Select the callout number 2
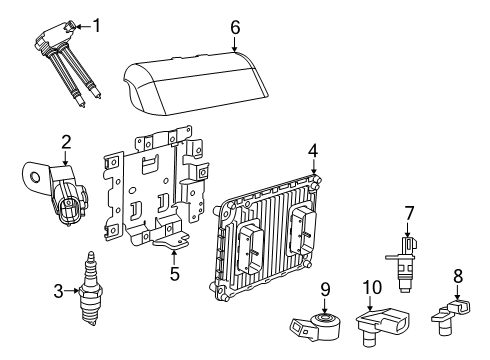(x=65, y=143)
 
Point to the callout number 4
(x=313, y=150)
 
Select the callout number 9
(x=325, y=291)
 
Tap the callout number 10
(x=370, y=289)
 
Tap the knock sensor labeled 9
(x=320, y=322)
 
